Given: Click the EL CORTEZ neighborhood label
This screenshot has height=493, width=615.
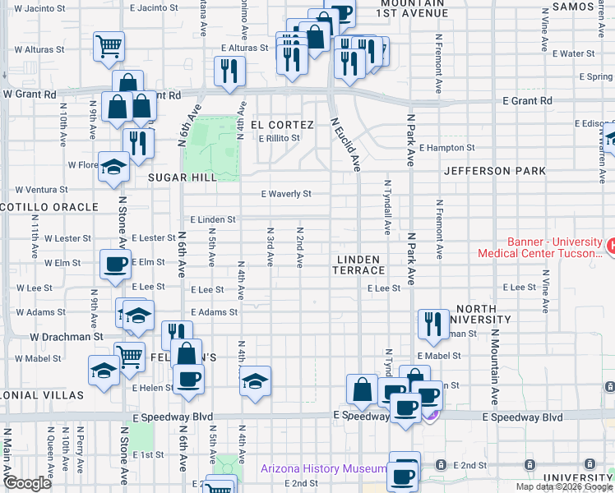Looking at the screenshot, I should tap(282, 125).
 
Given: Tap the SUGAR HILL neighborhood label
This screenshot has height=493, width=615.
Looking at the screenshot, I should tap(182, 177).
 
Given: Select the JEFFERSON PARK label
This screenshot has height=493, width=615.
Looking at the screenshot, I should tap(494, 171).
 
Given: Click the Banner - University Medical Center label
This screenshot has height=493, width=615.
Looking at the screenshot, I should tap(539, 248).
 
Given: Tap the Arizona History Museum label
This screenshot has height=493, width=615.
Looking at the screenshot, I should tap(323, 469).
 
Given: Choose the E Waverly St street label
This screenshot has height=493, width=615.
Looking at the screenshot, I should tap(286, 195).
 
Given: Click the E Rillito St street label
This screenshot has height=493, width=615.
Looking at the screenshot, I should tap(280, 138).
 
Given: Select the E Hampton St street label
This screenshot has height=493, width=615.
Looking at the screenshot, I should tap(446, 149).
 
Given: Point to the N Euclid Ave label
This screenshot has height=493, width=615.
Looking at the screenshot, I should tap(346, 145).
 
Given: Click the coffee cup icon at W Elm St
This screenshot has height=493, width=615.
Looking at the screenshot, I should tap(115, 264).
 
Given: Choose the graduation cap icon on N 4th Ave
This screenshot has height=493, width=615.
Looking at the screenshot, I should tap(255, 380).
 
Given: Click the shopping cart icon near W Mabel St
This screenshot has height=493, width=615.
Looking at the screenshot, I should tap(129, 356).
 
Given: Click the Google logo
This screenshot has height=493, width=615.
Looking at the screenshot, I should tap(28, 483).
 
